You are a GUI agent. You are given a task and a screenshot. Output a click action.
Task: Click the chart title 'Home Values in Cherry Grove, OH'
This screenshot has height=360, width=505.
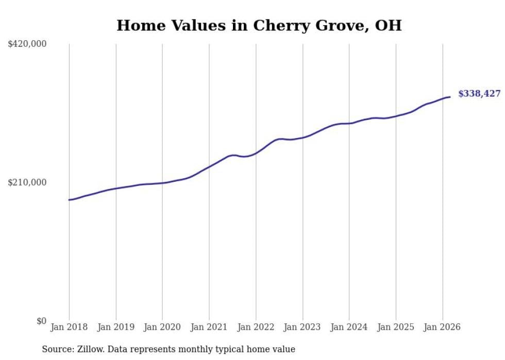(x=259, y=25)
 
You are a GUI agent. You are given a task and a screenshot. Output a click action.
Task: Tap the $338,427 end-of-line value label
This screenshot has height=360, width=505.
(x=479, y=94)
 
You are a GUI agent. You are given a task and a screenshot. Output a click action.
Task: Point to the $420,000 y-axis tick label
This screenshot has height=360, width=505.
(x=27, y=44)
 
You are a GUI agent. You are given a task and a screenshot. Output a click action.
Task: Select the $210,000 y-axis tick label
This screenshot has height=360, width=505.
(x=27, y=182)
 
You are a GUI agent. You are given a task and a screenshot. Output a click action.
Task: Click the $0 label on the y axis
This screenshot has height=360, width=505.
(x=41, y=321)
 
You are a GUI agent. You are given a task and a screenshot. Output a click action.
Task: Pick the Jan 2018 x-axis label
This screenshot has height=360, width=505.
(x=69, y=327)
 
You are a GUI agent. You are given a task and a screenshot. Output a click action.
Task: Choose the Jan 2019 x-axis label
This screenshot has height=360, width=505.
(x=116, y=327)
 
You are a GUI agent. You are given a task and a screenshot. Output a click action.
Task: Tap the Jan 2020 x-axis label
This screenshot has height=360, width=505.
(x=162, y=327)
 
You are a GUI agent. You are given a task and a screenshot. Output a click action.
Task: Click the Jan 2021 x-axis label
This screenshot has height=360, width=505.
(x=209, y=327)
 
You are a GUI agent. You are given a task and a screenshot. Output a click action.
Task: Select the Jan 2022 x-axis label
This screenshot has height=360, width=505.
(x=256, y=327)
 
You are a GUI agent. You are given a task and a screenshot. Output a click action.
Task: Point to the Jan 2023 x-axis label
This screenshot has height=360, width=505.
(x=302, y=327)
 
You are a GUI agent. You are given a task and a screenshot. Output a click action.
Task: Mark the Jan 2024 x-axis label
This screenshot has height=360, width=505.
(x=349, y=327)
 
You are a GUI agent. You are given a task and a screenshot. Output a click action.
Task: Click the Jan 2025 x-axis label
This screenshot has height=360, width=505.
(x=396, y=327)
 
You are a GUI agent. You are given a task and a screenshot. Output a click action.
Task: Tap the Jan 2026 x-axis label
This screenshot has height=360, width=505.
(x=442, y=327)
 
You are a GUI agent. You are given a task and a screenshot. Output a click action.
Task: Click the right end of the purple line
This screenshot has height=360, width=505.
(x=450, y=97)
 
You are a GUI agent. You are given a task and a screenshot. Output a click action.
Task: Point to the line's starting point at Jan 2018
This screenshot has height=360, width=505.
(x=69, y=200)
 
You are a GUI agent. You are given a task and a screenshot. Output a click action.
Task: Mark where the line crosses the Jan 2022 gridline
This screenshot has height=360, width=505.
(x=256, y=153)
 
